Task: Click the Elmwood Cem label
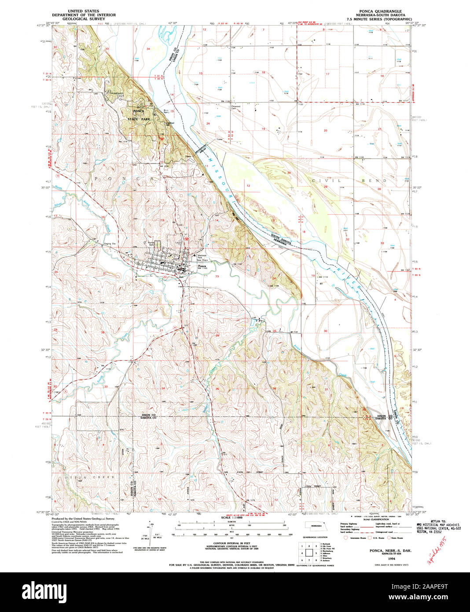(x=232, y=107)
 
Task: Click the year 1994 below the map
(x=378, y=557)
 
